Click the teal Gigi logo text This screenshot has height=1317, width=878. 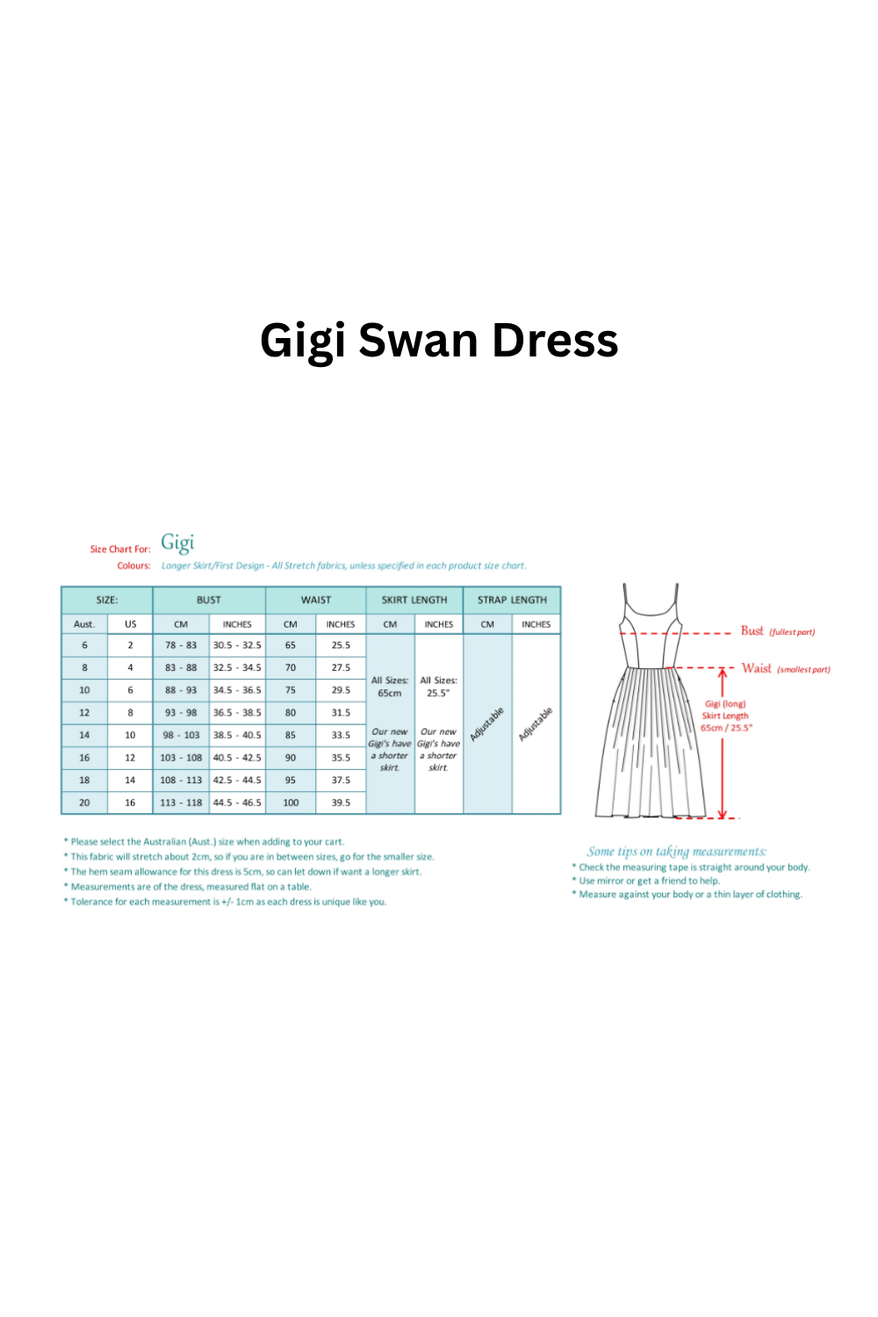[x=177, y=543]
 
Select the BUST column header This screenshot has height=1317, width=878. [x=209, y=601]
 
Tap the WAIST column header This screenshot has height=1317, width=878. [x=316, y=601]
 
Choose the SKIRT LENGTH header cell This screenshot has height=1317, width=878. [x=414, y=601]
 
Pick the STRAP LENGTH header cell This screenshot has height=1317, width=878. [x=512, y=601]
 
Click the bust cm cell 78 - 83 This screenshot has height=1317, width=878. [x=181, y=645]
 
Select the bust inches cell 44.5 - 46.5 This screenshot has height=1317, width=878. [x=237, y=802]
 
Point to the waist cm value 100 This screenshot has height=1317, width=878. [x=291, y=802]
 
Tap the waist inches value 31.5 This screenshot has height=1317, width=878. [x=341, y=713]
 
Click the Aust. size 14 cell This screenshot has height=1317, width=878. [x=84, y=735]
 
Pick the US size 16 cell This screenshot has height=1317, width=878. [x=130, y=802]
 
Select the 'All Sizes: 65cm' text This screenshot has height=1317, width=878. [x=390, y=687]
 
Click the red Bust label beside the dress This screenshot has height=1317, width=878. [x=752, y=631]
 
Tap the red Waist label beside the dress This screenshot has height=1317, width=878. [x=756, y=668]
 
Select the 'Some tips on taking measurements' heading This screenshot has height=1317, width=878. [x=676, y=852]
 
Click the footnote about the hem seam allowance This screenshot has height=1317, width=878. [x=246, y=872]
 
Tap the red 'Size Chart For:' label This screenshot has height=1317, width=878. [x=120, y=550]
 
